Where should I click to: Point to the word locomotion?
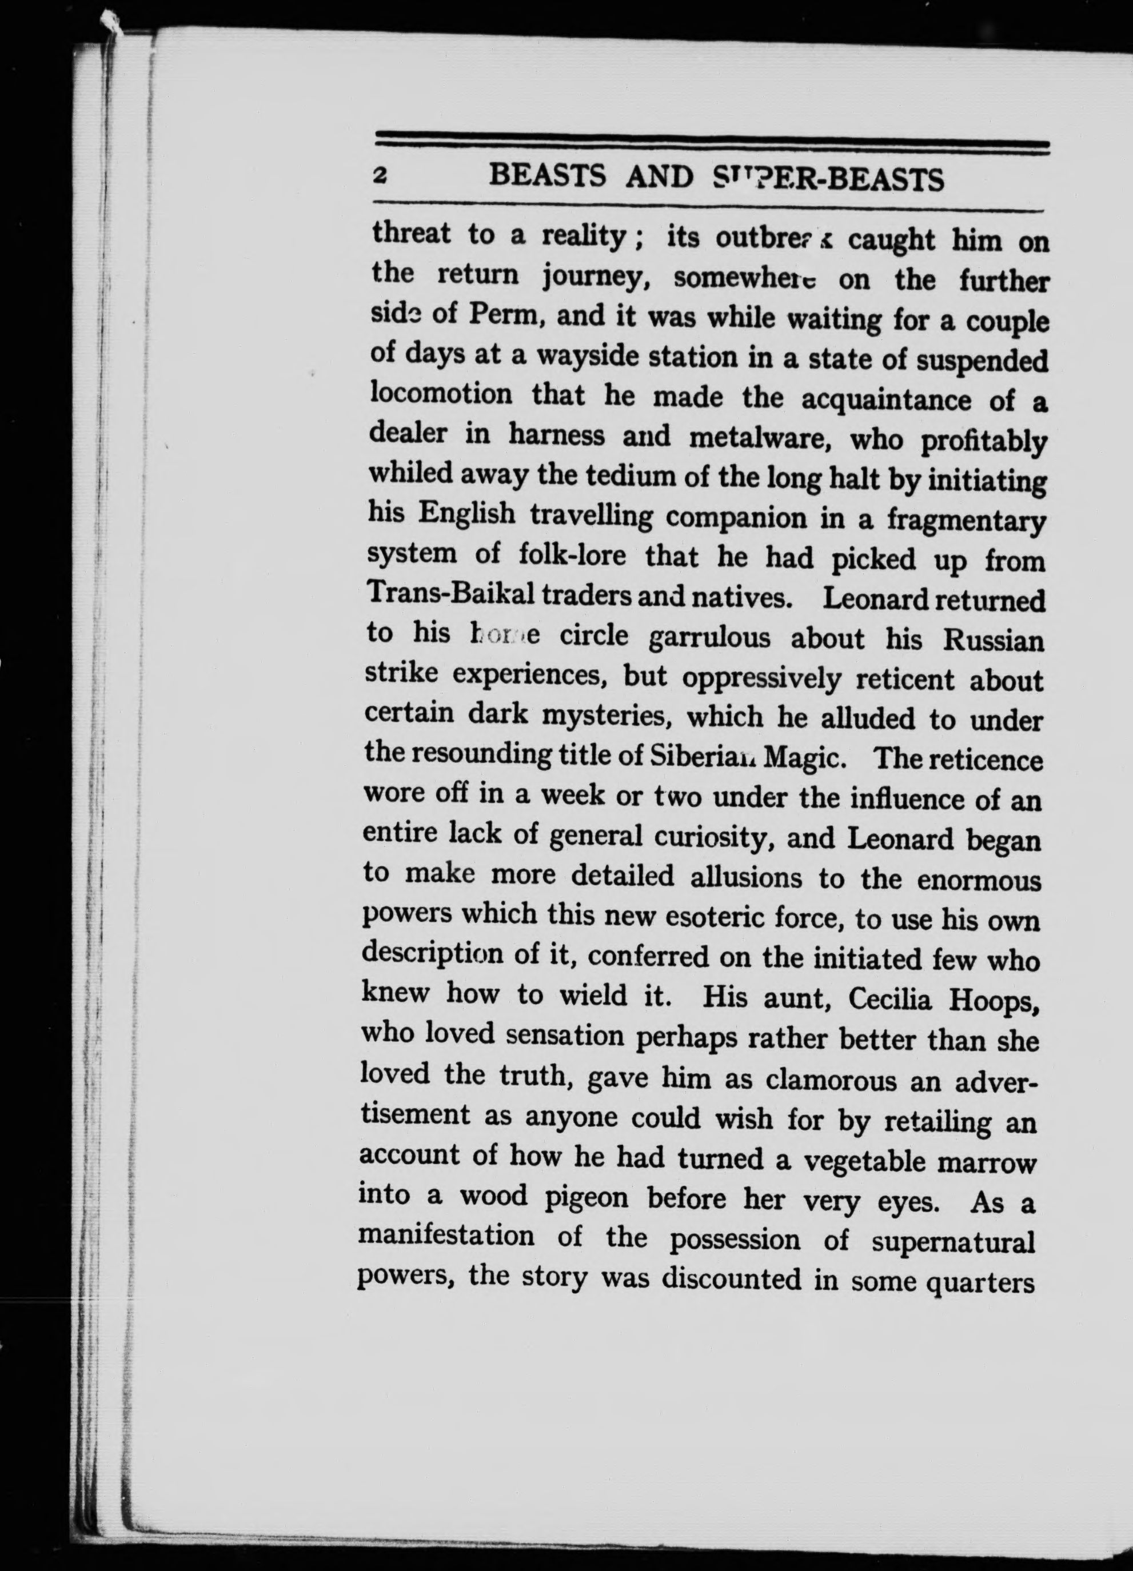click(441, 394)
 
